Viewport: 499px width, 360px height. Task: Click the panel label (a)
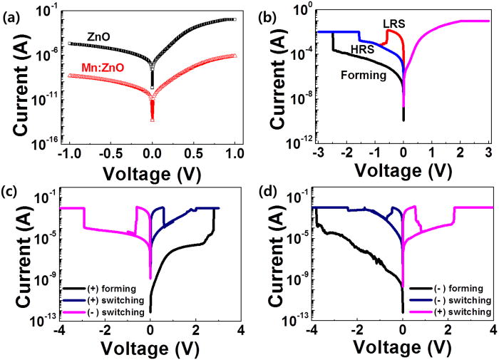12,10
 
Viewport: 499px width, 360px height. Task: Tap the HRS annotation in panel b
362,49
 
